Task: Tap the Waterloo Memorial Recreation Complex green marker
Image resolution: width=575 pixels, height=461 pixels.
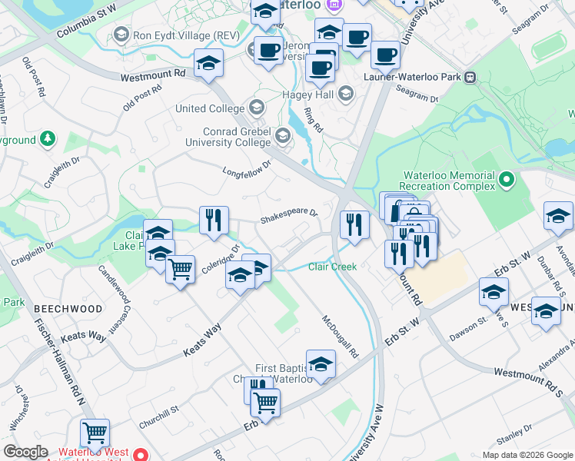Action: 506,181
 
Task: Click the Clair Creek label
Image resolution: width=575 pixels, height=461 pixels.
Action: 332,267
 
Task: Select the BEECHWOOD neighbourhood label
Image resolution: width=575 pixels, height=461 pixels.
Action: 68,308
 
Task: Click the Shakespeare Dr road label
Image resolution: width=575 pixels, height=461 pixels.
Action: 288,217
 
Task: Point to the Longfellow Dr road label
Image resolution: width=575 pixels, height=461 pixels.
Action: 248,167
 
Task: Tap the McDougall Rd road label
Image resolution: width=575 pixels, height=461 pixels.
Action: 341,337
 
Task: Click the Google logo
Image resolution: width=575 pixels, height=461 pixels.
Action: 26,452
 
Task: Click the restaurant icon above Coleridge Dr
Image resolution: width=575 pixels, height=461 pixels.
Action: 214,221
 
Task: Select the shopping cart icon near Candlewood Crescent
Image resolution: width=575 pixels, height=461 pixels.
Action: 180,270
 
